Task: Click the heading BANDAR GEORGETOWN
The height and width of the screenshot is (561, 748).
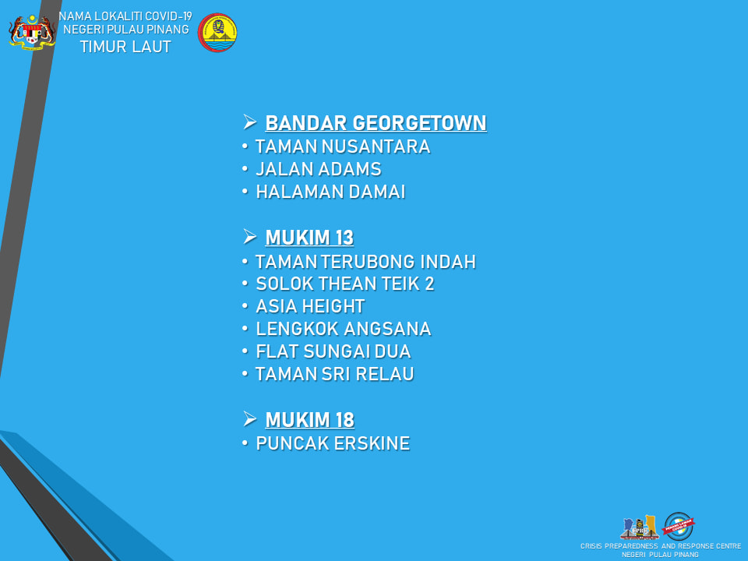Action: coord(376,122)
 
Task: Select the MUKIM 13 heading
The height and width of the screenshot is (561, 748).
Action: coord(309,238)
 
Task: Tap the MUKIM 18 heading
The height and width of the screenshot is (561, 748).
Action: coord(309,420)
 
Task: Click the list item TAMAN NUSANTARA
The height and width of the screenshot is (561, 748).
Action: coord(343,146)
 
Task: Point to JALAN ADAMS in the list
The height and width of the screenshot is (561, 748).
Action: coord(319,169)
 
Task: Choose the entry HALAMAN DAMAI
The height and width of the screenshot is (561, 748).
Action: coord(330,192)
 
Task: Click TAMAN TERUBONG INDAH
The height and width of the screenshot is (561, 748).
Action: coord(365,262)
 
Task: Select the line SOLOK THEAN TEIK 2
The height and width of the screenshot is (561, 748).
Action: coord(345,284)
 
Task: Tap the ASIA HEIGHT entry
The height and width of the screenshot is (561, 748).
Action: coord(311,306)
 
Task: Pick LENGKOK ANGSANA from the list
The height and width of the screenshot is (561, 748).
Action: coord(344,329)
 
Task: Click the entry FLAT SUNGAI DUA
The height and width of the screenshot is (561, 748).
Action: coord(333,351)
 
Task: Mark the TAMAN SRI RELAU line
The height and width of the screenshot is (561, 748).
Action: coord(334,374)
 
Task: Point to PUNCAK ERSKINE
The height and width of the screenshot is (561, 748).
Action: coord(333,443)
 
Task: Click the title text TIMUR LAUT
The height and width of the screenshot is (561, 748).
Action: coord(125,47)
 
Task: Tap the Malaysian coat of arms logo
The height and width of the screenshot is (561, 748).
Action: coord(32,33)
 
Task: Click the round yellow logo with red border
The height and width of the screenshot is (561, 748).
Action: coord(217,33)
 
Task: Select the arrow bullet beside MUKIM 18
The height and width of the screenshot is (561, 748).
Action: coord(250,419)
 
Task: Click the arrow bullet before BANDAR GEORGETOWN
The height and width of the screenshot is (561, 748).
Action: coord(250,122)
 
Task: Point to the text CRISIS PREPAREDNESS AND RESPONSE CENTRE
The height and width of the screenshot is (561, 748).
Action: coord(661,545)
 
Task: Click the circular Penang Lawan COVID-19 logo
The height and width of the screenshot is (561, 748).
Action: coord(679,526)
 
